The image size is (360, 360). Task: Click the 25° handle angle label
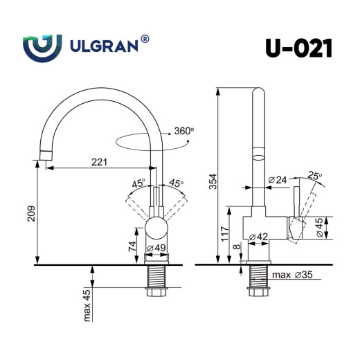coord(315,177)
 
